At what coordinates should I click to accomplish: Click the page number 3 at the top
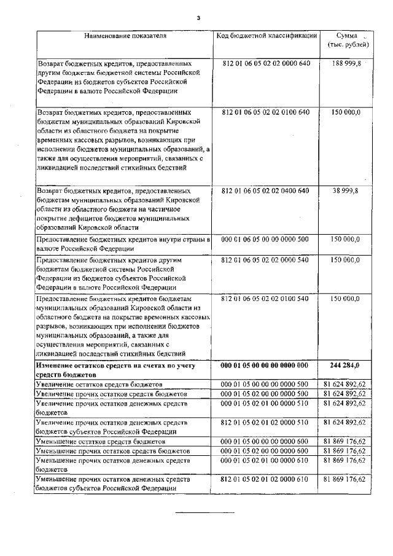click(x=198, y=17)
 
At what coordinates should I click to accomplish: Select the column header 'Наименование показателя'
click(x=125, y=36)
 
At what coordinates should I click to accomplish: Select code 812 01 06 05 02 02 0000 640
click(x=267, y=64)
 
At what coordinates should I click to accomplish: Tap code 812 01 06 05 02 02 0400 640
click(x=267, y=192)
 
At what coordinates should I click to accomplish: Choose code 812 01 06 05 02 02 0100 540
click(x=267, y=299)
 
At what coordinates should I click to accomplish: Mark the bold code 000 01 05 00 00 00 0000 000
click(x=267, y=365)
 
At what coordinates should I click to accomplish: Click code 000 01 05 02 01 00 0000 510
click(x=267, y=404)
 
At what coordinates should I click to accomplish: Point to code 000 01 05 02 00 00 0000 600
click(x=267, y=452)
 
